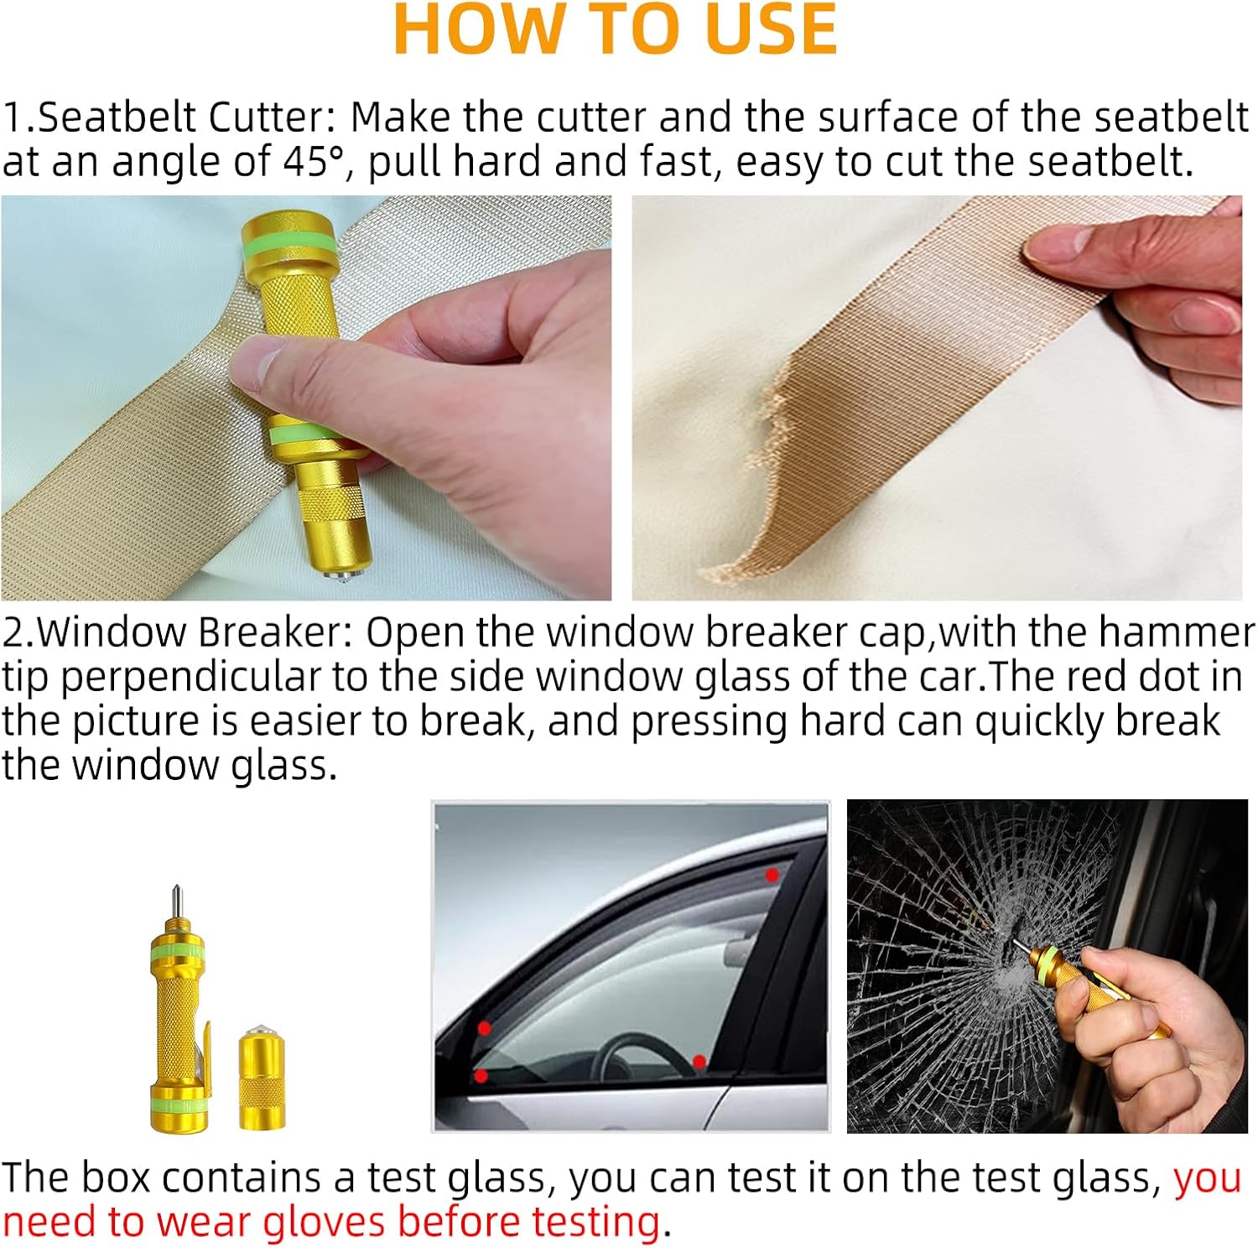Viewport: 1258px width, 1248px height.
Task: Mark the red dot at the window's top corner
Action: [772, 875]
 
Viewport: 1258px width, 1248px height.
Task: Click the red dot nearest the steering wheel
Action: [699, 1063]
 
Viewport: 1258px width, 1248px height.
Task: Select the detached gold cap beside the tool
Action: [262, 1076]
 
